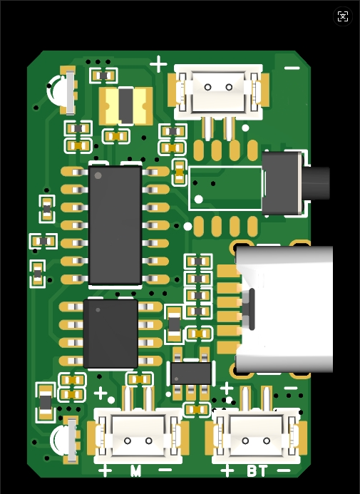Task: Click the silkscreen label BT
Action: coord(257,470)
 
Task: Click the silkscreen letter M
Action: coord(135,470)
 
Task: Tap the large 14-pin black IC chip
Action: coord(115,225)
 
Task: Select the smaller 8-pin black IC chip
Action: coord(110,334)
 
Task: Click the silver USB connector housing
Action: coord(284,309)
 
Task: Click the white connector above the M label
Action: coord(138,436)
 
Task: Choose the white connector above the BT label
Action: coord(256,436)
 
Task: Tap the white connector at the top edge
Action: coord(218,92)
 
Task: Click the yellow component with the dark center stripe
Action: coord(125,106)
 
